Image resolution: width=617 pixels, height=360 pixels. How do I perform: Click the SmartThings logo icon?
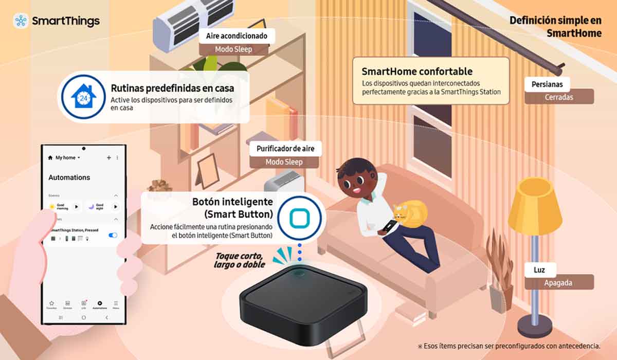[21, 21]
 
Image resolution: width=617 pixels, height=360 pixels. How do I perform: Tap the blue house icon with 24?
[80, 97]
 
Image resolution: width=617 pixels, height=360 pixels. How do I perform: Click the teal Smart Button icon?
[299, 219]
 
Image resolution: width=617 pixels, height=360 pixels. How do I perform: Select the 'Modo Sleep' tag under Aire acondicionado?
[234, 49]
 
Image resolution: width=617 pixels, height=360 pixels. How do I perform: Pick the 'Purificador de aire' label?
[285, 149]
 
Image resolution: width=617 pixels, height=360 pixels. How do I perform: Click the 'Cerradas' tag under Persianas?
[559, 97]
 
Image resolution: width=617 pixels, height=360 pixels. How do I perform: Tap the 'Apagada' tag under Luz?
[559, 282]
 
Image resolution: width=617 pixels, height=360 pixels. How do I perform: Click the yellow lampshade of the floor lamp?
[535, 206]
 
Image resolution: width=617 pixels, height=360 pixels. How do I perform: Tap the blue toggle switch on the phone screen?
[113, 235]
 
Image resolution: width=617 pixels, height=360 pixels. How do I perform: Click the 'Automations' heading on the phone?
[69, 177]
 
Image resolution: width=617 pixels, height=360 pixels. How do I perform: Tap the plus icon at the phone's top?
[108, 158]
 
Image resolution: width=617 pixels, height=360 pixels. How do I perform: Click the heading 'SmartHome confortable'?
[417, 71]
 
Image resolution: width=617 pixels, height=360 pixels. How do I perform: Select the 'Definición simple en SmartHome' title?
[555, 27]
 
